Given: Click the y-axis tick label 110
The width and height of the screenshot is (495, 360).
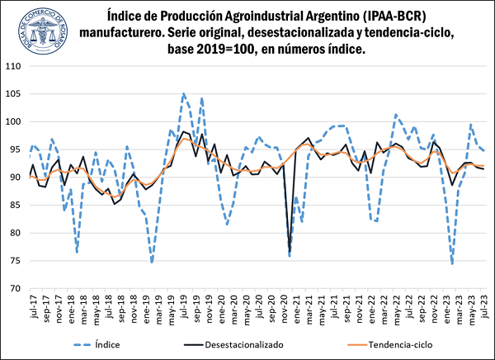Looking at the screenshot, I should (14, 66).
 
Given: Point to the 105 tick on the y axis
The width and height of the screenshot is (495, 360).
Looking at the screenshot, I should (14, 94).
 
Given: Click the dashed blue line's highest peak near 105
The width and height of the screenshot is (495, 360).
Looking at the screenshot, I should (183, 93).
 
